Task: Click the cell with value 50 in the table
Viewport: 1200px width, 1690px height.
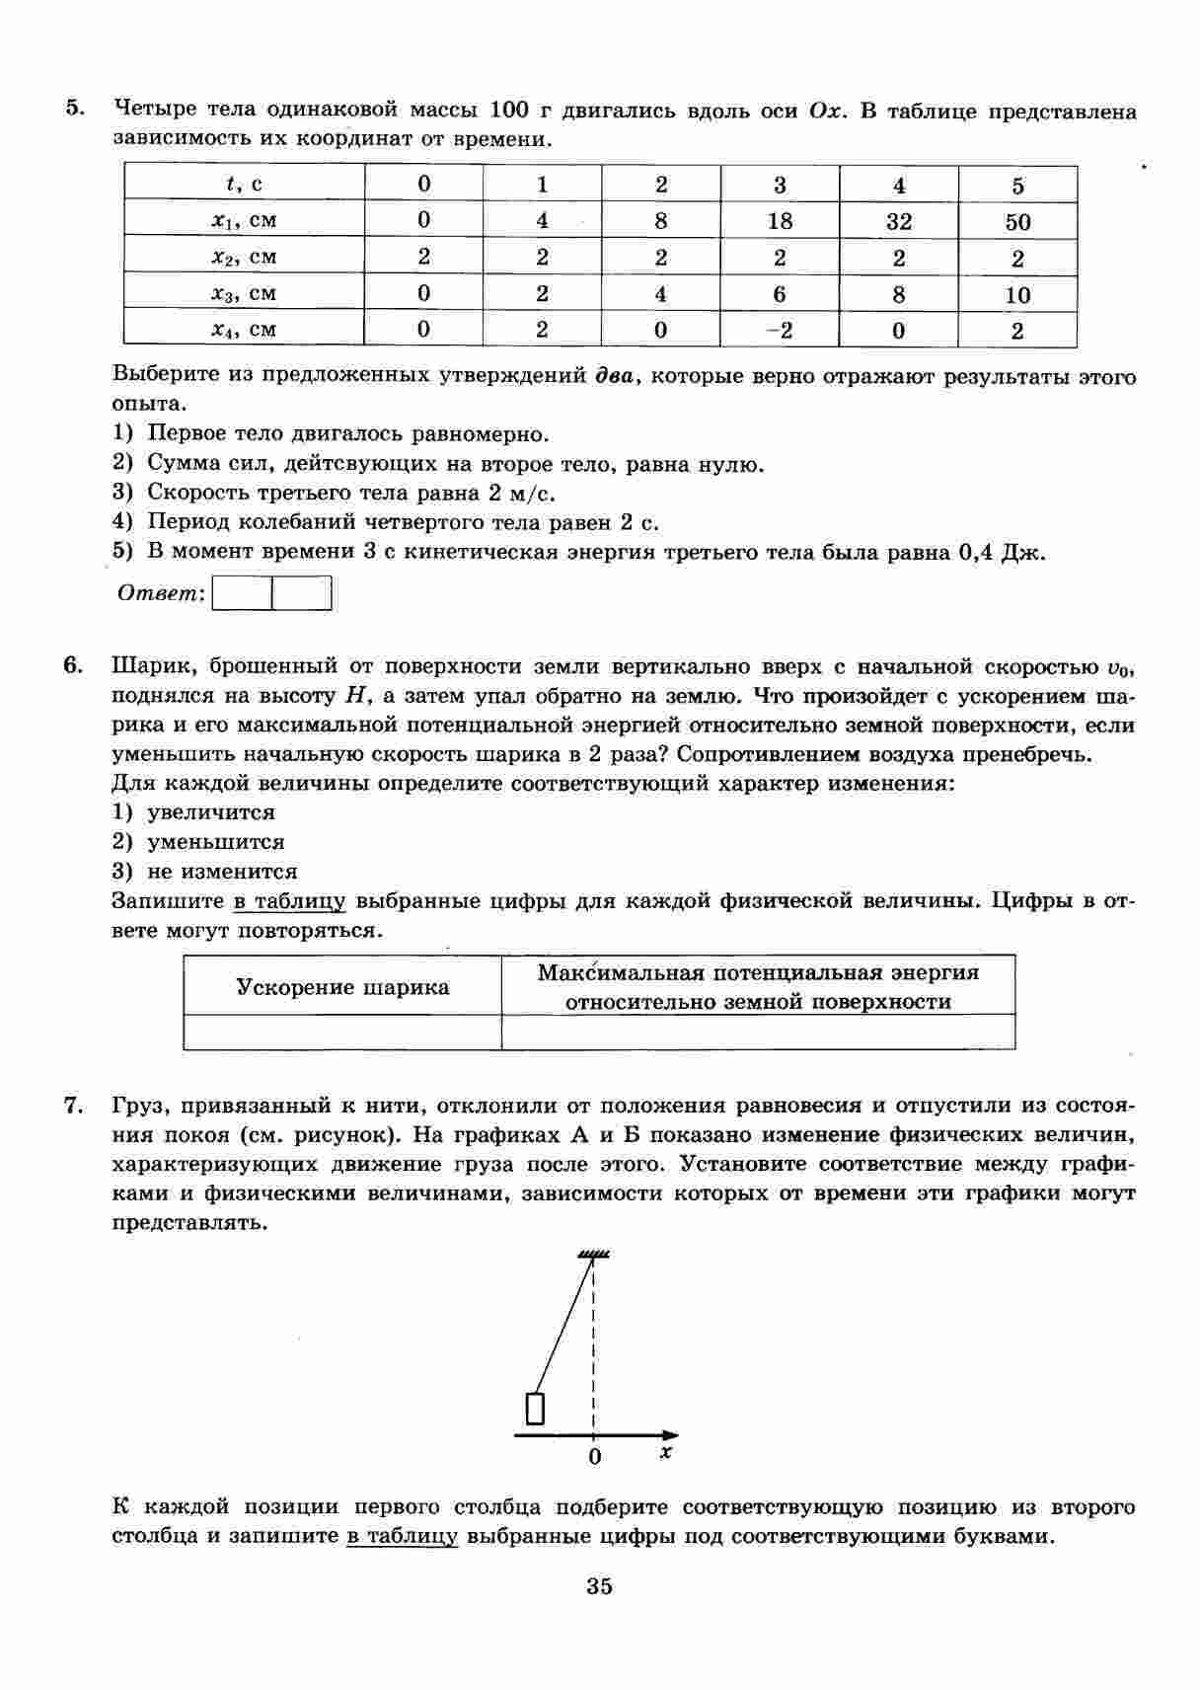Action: pos(1017,221)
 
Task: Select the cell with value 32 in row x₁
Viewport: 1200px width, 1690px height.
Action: pos(898,221)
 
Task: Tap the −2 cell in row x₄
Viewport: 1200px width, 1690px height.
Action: pos(780,330)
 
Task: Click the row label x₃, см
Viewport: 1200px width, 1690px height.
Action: pos(244,293)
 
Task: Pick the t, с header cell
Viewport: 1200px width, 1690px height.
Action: pos(244,185)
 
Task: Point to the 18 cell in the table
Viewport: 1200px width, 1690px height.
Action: pos(780,221)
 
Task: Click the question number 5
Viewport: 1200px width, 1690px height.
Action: pos(74,109)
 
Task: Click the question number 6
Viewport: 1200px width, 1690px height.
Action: pos(74,665)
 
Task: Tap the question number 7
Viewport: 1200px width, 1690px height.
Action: pos(73,1106)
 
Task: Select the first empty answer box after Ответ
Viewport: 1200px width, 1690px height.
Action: pos(243,593)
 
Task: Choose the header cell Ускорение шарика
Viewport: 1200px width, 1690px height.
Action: pos(342,987)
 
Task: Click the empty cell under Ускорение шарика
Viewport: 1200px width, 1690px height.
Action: pos(342,1032)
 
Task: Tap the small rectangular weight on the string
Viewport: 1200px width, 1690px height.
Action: pos(535,1408)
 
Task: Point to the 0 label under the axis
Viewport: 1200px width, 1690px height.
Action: pos(594,1457)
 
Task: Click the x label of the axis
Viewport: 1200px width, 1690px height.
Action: pos(666,1452)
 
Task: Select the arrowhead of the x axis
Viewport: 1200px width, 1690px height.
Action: pos(671,1434)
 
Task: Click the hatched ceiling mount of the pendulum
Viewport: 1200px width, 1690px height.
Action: pos(593,1254)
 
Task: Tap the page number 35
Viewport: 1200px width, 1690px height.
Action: pos(599,1586)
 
